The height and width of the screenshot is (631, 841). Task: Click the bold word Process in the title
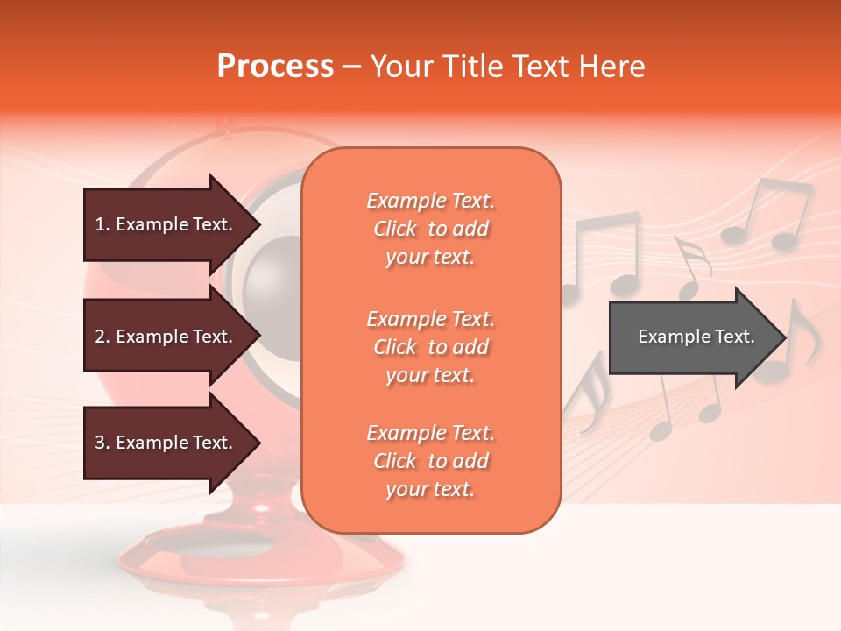click(x=275, y=67)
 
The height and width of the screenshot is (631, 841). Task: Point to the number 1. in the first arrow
click(x=102, y=224)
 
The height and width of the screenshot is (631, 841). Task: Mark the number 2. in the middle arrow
click(x=102, y=337)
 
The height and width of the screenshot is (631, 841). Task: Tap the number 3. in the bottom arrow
click(x=102, y=443)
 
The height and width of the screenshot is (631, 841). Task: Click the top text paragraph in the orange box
click(x=430, y=229)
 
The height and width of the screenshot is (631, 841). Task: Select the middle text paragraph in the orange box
click(x=430, y=347)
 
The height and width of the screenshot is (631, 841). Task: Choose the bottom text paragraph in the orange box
click(x=430, y=461)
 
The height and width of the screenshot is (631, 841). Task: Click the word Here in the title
click(x=612, y=67)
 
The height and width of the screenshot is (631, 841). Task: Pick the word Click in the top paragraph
click(x=395, y=229)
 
